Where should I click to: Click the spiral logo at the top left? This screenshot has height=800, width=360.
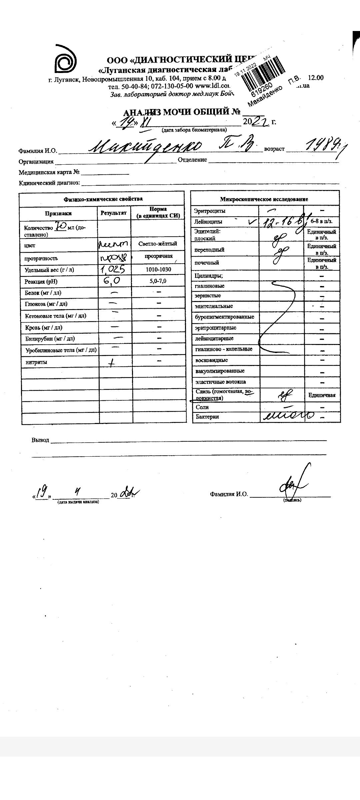coord(66,60)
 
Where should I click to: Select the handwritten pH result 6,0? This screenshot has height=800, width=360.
coord(112,281)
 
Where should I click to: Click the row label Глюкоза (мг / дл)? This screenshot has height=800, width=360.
coord(46,304)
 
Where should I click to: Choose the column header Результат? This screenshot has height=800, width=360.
coord(114,213)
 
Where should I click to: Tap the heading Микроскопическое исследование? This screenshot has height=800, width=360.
coord(264,199)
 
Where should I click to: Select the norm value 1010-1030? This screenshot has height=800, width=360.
coord(158,269)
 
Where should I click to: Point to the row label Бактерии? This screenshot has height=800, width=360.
coord(207,417)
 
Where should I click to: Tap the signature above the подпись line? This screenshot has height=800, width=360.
coord(293,483)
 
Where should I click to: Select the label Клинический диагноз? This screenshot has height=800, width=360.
coord(49,183)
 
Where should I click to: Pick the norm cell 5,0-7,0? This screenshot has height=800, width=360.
coord(158,281)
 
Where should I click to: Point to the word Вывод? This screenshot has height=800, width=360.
coord(40,440)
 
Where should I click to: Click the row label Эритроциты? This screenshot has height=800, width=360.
coord(210,211)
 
